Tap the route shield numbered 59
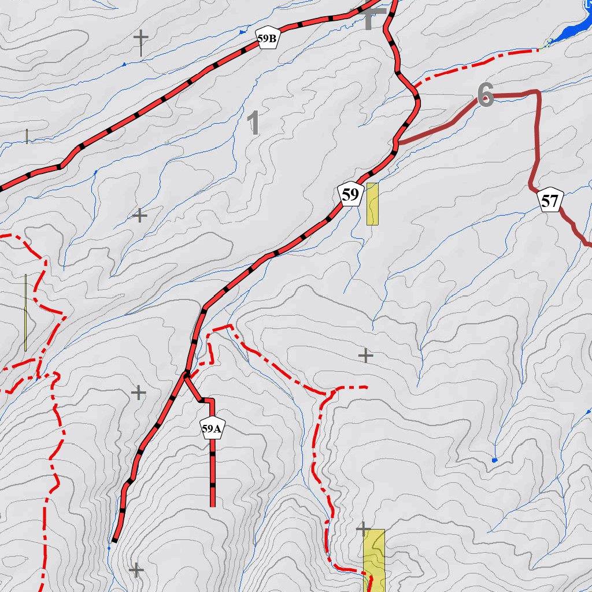click(350, 195)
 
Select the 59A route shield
click(212, 428)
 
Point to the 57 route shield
click(550, 201)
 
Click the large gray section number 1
click(253, 123)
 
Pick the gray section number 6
click(486, 94)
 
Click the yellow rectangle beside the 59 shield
click(372, 203)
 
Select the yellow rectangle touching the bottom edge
click(373, 560)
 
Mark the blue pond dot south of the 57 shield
click(494, 460)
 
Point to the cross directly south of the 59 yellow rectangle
click(365, 356)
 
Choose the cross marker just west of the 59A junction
click(138, 393)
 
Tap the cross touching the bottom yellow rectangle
click(363, 528)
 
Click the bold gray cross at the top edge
click(373, 17)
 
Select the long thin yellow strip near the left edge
click(25, 312)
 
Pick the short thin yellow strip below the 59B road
click(27, 136)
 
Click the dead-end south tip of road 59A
click(212, 505)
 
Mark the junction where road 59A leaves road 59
click(186, 375)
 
